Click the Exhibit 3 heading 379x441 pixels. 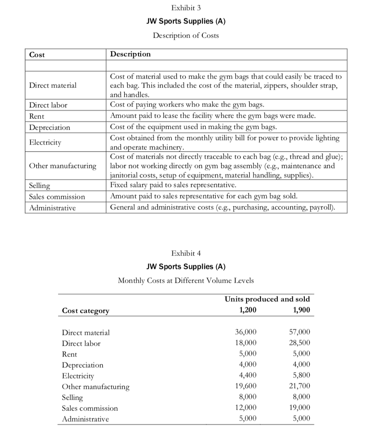186,8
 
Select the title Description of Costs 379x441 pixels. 186,35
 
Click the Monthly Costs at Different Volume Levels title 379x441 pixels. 186,280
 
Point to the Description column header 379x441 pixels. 131,54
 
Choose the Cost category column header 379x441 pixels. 86,311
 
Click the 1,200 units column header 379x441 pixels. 247,310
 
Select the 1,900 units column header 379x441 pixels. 301,310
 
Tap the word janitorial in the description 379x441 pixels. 128,176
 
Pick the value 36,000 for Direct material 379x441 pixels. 245,332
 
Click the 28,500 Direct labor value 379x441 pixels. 299,343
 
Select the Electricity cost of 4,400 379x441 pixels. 247,376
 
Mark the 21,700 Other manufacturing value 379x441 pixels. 299,386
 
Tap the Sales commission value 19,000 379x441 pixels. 299,408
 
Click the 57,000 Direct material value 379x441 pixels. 299,332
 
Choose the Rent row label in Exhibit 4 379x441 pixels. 70,354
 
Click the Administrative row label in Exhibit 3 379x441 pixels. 52,208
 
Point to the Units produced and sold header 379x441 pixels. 267,299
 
